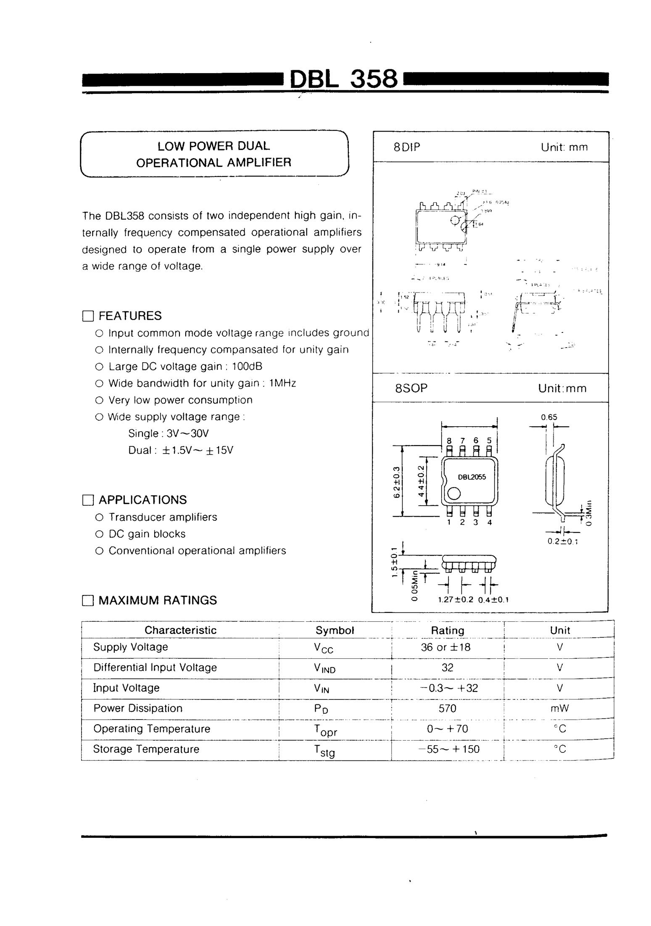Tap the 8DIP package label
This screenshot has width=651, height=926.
406,147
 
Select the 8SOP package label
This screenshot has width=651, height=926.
411,388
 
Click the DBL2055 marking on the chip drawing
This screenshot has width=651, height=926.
472,477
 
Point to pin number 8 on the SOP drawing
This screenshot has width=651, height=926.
449,441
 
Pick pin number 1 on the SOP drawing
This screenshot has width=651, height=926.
449,522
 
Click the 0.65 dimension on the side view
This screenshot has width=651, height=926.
549,417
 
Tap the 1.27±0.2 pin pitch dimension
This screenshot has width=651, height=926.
455,600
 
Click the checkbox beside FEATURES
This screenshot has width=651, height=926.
88,316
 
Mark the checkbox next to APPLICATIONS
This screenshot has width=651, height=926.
88,500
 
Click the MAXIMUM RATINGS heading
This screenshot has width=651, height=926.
158,600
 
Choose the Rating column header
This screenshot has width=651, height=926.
448,631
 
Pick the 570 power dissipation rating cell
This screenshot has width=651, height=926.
447,709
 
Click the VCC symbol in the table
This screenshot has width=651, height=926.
323,648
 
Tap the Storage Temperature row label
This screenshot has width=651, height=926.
146,749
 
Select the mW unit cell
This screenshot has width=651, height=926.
559,709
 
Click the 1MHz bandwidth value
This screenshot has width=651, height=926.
282,383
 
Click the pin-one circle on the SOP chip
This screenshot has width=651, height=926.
454,494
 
